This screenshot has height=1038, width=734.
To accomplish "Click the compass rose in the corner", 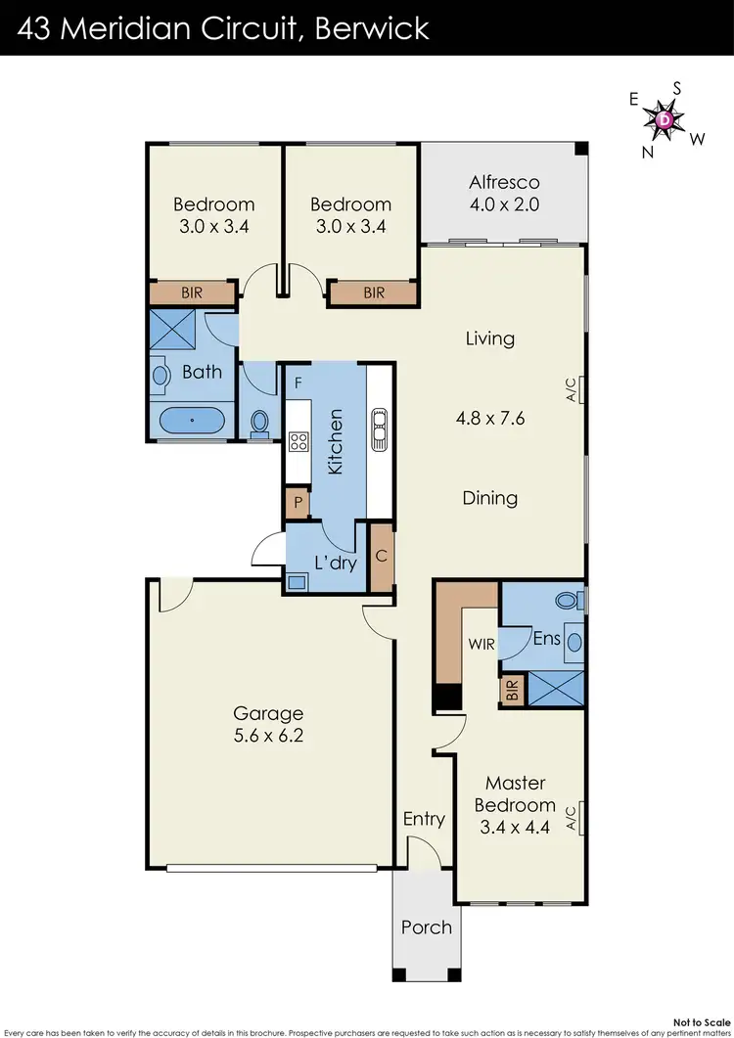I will pos(665,120).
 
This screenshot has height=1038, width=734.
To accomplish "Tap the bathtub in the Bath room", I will pos(192,423).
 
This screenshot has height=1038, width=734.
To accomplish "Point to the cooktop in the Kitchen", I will pos(298,441).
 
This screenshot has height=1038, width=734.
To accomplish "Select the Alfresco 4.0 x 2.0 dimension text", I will pos(504,205).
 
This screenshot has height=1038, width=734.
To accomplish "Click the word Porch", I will pos(427,926).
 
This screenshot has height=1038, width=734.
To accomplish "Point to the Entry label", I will pos(424,819).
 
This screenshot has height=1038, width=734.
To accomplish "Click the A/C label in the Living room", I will pos(572,391).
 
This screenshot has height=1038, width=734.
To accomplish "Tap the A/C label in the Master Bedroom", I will pos(572,819).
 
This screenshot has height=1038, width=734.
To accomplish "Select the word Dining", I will pos(489,498).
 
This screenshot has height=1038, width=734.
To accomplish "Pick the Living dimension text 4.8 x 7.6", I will pos(489,419).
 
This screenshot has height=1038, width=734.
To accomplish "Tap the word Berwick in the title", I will pos(373,26).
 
